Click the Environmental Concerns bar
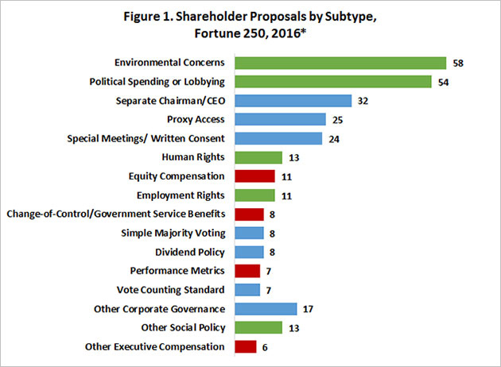(x=340, y=63)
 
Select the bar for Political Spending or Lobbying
(x=333, y=82)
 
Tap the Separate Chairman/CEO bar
(x=293, y=101)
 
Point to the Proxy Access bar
(x=281, y=120)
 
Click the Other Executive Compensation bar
(x=246, y=346)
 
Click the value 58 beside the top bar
(x=457, y=63)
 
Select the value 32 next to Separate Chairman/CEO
(x=363, y=101)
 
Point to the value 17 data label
(x=309, y=308)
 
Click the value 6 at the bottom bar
(x=265, y=346)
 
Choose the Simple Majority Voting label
(x=173, y=233)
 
